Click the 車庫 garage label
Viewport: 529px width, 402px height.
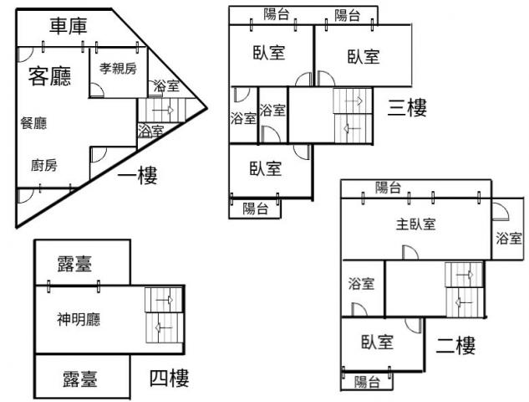[x=69, y=26]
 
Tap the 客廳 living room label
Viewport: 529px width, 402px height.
[x=49, y=76]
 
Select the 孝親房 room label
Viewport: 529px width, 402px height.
[x=118, y=69]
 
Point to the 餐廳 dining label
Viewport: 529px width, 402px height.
[x=33, y=123]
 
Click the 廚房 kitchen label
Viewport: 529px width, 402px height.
[x=44, y=165]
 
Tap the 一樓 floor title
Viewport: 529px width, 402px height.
[x=138, y=176]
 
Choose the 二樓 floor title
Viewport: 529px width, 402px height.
[x=455, y=345]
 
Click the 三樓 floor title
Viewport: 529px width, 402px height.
[x=407, y=107]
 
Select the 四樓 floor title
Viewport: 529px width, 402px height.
[x=170, y=378]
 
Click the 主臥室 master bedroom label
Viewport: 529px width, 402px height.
[x=415, y=224]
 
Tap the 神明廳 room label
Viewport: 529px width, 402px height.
[x=79, y=319]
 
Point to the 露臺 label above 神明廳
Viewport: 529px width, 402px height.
[x=74, y=264]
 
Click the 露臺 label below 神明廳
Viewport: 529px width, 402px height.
[x=80, y=379]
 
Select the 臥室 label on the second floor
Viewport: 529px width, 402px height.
[x=377, y=342]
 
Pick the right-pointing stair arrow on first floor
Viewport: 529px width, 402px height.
[x=163, y=110]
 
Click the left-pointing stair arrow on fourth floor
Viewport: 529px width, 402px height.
[x=164, y=327]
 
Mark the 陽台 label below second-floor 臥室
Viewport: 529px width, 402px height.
[x=367, y=382]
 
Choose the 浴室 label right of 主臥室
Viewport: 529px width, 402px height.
[x=509, y=239]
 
